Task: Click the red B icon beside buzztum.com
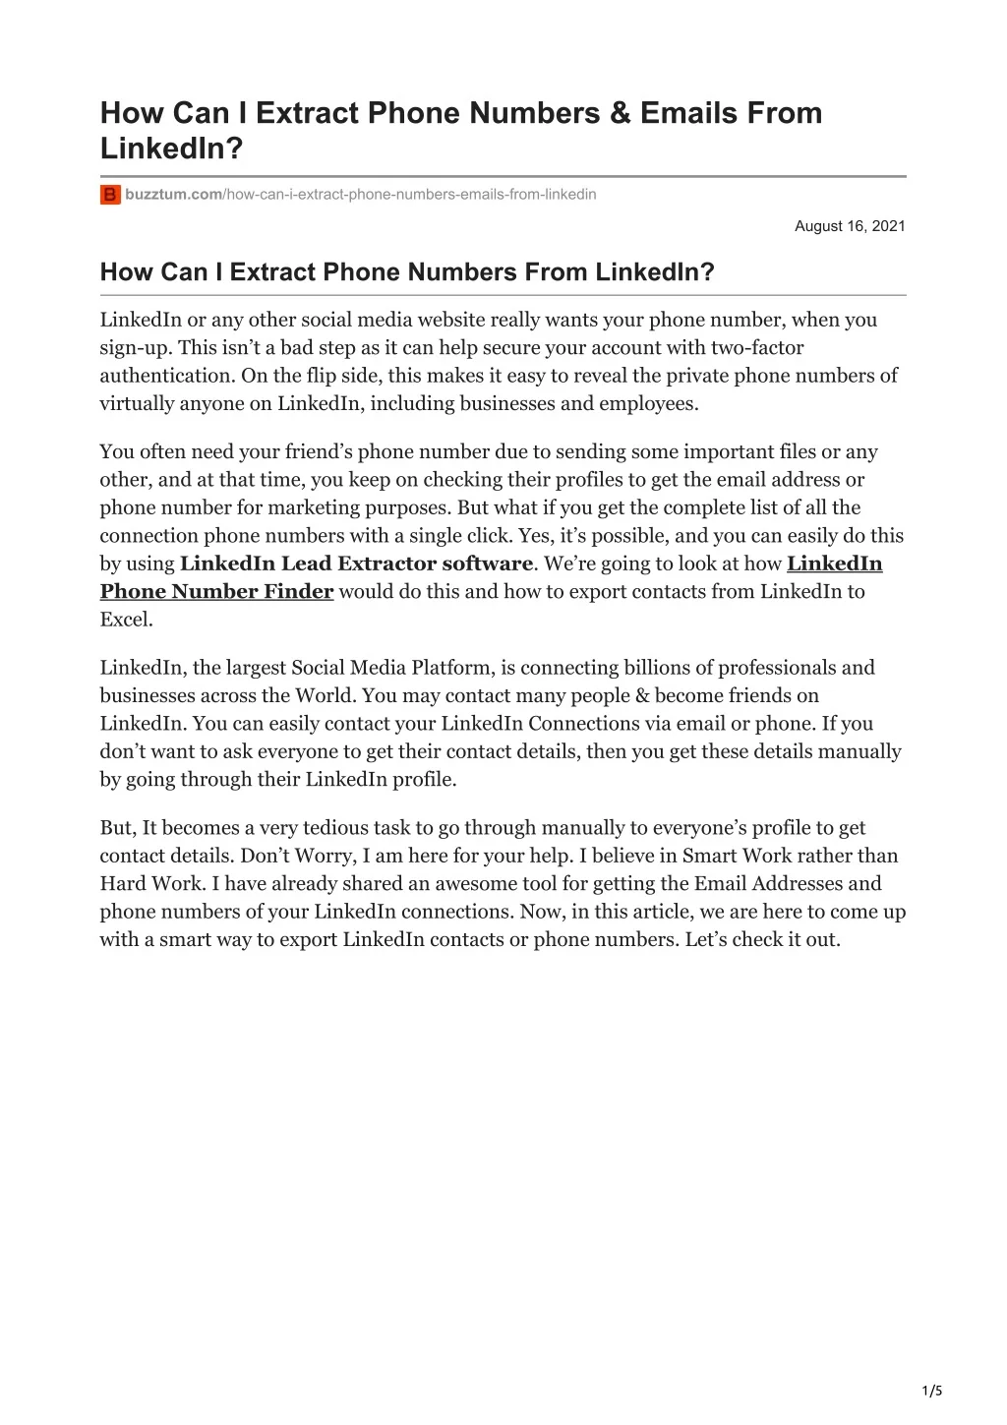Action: point(110,195)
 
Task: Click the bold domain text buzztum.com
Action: point(173,195)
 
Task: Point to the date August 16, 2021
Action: point(850,226)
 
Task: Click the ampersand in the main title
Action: point(619,113)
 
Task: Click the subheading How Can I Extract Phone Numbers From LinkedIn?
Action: point(407,272)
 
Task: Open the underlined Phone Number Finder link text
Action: point(217,592)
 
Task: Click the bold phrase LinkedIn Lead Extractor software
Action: point(356,564)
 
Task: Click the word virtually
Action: point(135,403)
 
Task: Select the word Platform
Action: point(452,668)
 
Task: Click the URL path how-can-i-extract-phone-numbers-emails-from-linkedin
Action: point(412,195)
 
